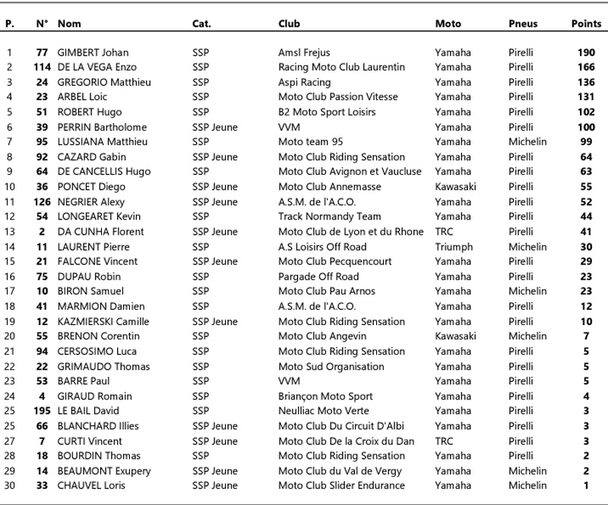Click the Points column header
pyautogui.click(x=586, y=24)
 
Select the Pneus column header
pyautogui.click(x=522, y=24)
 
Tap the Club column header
pyautogui.click(x=289, y=24)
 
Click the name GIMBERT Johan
pyautogui.click(x=93, y=52)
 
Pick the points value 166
pyautogui.click(x=586, y=68)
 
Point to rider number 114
pyautogui.click(x=42, y=68)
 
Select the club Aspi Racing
pyautogui.click(x=306, y=82)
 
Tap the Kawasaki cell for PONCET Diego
pyautogui.click(x=455, y=187)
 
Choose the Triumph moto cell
pyautogui.click(x=453, y=247)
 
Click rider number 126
pyautogui.click(x=42, y=202)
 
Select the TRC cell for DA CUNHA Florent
pyautogui.click(x=445, y=232)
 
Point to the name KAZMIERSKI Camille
pyautogui.click(x=104, y=321)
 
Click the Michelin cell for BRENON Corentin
pyautogui.click(x=527, y=336)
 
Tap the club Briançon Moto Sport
pyautogui.click(x=325, y=396)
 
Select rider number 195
pyautogui.click(x=42, y=411)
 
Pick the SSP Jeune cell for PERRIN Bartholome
pyautogui.click(x=215, y=127)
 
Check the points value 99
pyautogui.click(x=586, y=142)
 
